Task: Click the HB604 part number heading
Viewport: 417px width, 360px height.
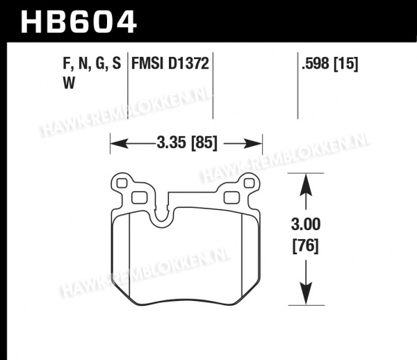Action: [79, 22]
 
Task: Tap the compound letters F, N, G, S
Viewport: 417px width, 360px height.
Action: [92, 64]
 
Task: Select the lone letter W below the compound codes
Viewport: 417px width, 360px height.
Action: [69, 83]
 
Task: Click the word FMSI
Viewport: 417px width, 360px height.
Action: [147, 63]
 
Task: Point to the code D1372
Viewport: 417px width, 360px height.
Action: [188, 63]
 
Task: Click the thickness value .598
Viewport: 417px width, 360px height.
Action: [316, 63]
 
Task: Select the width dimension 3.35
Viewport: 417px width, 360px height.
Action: [171, 142]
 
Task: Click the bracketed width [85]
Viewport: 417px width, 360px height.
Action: [204, 142]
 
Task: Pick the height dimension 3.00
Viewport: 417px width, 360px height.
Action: [306, 224]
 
